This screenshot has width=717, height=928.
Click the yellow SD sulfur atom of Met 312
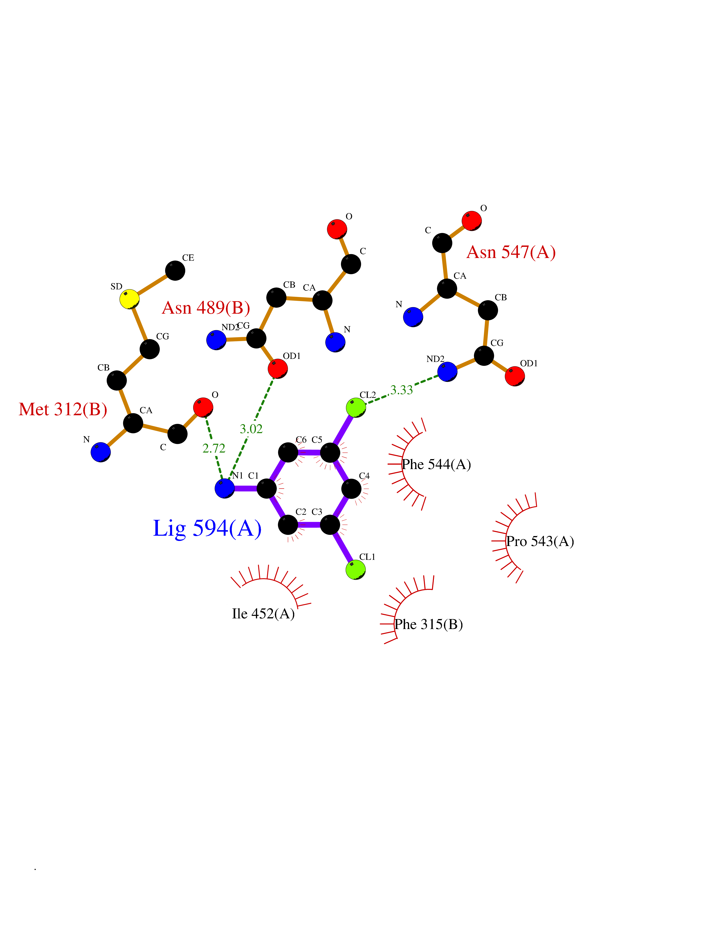point(130,299)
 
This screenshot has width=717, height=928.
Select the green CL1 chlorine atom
point(355,569)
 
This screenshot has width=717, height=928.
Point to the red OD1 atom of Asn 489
point(278,368)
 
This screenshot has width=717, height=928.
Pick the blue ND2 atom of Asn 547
point(447,372)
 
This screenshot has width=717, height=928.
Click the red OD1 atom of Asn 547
point(515,376)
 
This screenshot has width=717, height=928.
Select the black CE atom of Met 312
point(175,270)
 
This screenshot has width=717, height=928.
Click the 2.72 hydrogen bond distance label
point(214,448)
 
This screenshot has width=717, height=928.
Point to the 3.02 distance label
point(252,429)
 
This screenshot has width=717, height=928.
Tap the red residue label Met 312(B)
point(63,409)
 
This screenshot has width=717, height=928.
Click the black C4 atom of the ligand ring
point(352,489)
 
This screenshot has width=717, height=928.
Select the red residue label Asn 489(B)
point(206,308)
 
